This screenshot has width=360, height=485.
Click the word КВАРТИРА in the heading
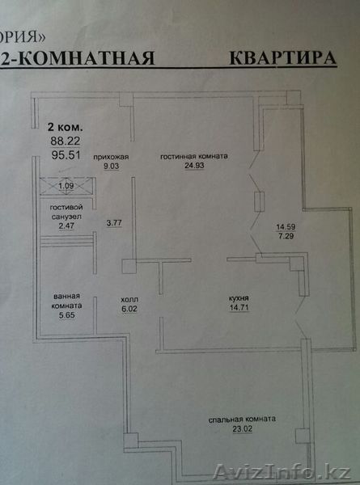point(282,57)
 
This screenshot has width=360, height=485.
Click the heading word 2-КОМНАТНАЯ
point(78,58)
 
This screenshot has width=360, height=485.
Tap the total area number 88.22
point(66,141)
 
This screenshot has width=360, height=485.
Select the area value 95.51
point(66,155)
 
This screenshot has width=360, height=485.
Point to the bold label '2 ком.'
point(65,127)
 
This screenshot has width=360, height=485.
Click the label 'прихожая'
point(111,157)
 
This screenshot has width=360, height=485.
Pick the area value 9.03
point(111,166)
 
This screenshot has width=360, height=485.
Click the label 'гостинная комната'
point(194,156)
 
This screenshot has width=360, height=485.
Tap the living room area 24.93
point(194,166)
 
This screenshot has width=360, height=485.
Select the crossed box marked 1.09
point(67,186)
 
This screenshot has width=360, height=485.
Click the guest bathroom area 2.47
point(66,226)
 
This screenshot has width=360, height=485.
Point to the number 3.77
point(114,223)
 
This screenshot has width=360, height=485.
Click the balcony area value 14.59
point(286,226)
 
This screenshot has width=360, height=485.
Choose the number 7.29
point(286,236)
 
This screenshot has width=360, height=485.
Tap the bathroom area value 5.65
point(67,315)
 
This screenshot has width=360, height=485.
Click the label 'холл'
point(129,299)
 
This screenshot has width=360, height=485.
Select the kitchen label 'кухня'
point(239,298)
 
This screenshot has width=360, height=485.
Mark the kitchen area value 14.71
point(239,307)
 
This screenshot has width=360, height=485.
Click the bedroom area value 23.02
point(243,429)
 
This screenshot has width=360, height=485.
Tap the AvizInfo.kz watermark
point(282,473)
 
